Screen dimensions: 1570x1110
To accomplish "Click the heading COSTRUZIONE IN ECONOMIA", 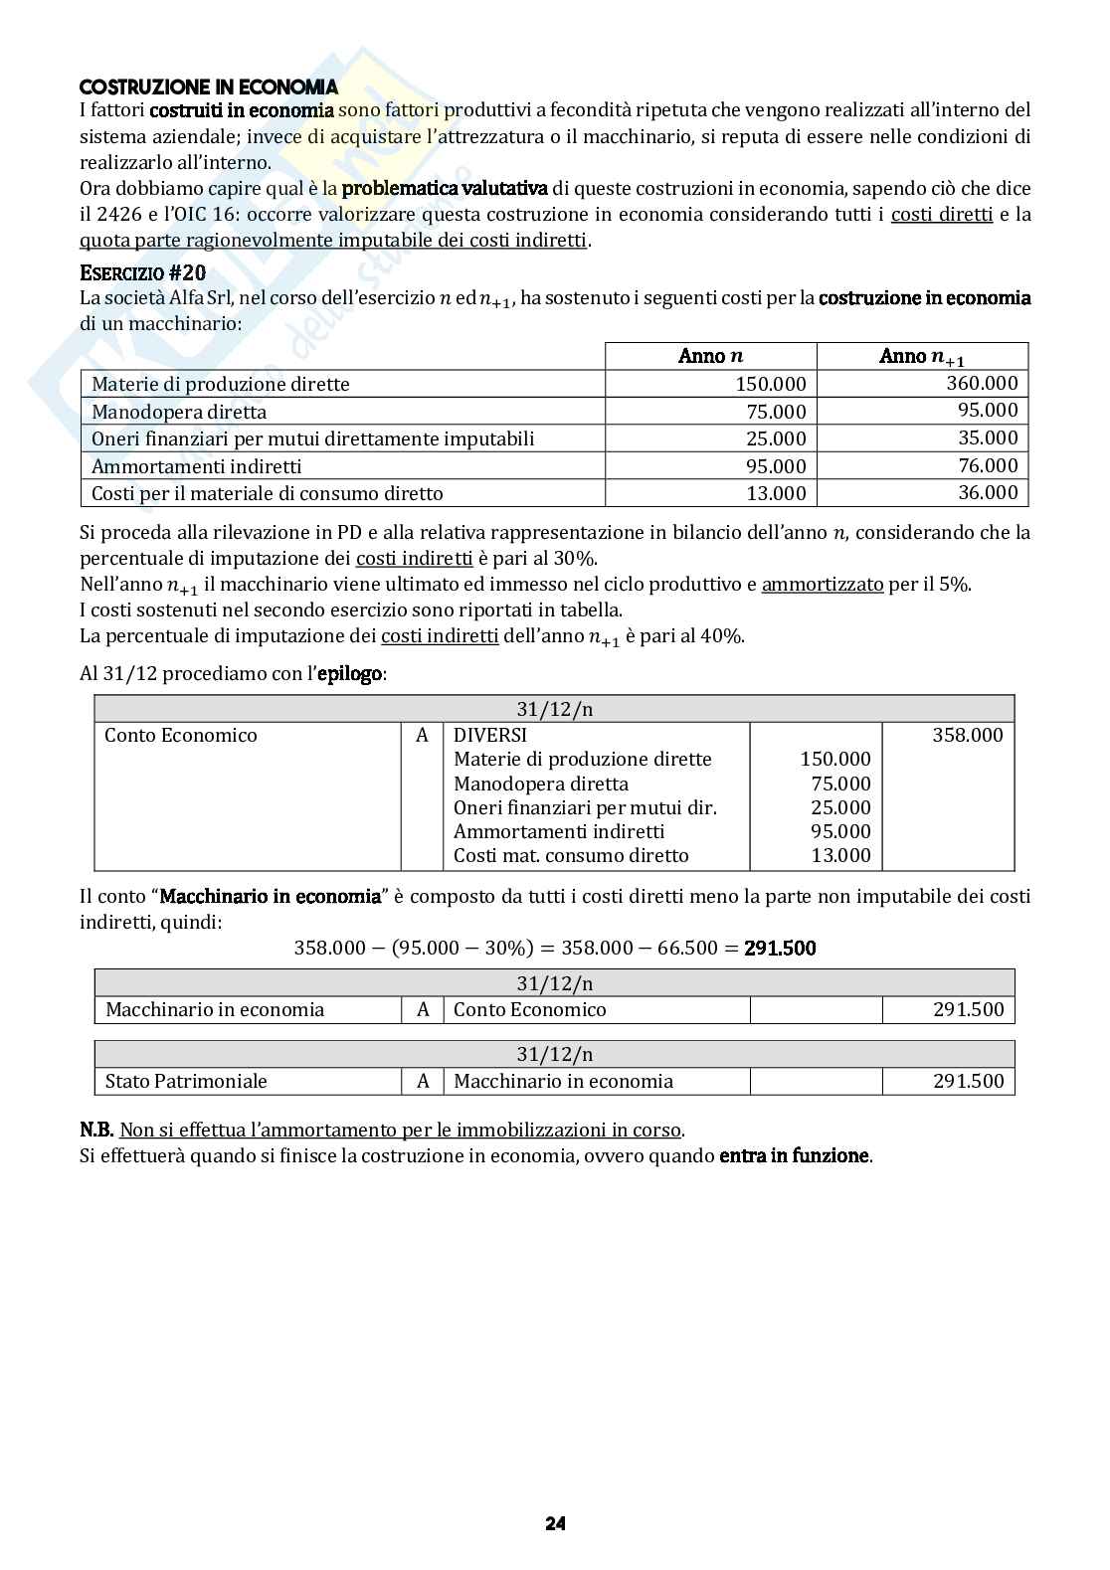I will tap(208, 87).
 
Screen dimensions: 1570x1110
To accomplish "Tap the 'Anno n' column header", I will tap(710, 356).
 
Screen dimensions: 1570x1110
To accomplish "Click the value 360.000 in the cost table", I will tap(982, 383).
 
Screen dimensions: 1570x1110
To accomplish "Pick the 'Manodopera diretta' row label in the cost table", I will tap(179, 412).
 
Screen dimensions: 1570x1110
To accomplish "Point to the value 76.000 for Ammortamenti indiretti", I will tap(982, 465).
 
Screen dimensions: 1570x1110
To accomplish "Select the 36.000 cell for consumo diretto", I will tap(982, 492).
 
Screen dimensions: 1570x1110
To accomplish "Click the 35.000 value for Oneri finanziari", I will tap(982, 437).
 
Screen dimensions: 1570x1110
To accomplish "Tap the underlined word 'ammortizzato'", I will tap(822, 585).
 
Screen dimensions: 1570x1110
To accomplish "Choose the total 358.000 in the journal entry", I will tap(967, 735).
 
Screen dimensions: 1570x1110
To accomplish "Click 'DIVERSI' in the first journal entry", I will tap(489, 735).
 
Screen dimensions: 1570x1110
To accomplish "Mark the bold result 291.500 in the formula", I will tap(780, 948).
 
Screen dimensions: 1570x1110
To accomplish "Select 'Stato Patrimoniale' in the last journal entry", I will tap(186, 1081).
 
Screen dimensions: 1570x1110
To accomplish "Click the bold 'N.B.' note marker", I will tap(96, 1131).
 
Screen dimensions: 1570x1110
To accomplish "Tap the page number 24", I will tap(555, 1523).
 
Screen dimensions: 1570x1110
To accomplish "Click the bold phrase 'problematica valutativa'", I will tap(444, 188).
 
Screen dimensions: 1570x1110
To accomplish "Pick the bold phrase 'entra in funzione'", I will tap(795, 1155).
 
